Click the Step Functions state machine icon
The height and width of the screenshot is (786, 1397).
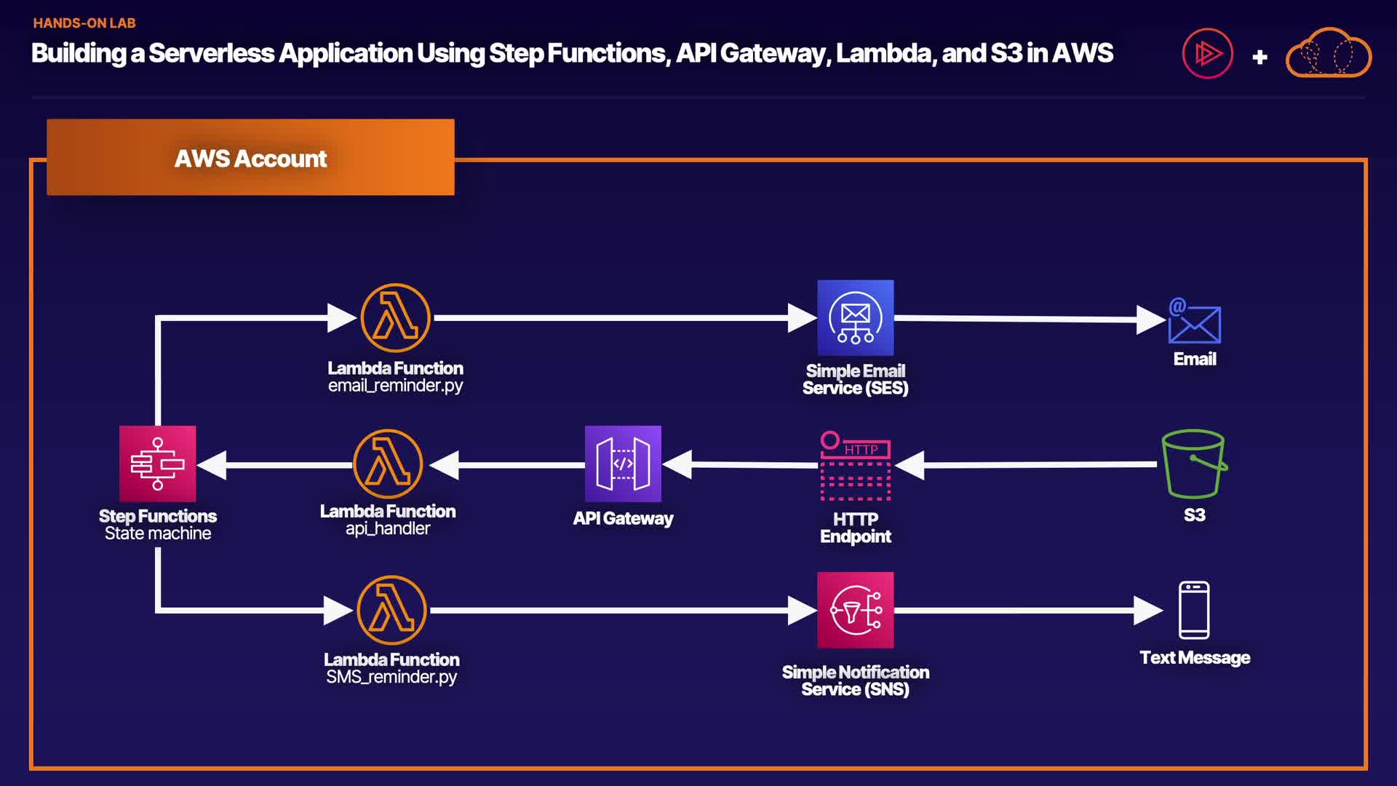pyautogui.click(x=157, y=464)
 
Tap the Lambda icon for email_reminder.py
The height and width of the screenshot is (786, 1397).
pyautogui.click(x=395, y=318)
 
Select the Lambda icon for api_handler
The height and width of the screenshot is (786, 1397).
pyautogui.click(x=388, y=464)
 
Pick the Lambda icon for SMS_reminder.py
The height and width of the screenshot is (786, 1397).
pyautogui.click(x=391, y=610)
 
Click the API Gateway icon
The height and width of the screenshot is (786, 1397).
pyautogui.click(x=623, y=464)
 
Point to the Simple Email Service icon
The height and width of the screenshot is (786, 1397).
pyautogui.click(x=855, y=317)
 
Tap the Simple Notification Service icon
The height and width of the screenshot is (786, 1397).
pyautogui.click(x=855, y=610)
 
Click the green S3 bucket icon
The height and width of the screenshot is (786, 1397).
pyautogui.click(x=1193, y=464)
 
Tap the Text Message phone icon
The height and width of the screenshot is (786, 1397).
pyautogui.click(x=1194, y=610)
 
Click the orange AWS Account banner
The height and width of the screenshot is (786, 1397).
pyautogui.click(x=250, y=157)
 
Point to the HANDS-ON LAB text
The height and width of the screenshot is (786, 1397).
pyautogui.click(x=84, y=23)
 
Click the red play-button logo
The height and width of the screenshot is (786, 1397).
pyautogui.click(x=1207, y=53)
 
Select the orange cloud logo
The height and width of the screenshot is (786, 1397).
pyautogui.click(x=1329, y=53)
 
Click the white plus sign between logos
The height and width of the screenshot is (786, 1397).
pyautogui.click(x=1260, y=57)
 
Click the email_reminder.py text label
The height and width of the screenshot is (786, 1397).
pyautogui.click(x=395, y=386)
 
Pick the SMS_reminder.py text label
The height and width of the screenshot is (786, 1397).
pyautogui.click(x=391, y=677)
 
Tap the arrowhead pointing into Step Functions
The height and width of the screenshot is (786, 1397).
pyautogui.click(x=212, y=465)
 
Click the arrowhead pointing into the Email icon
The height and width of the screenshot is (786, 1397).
pyautogui.click(x=1150, y=319)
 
